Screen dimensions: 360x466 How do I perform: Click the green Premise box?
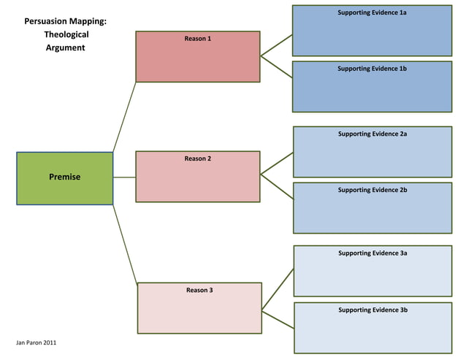click(64, 177)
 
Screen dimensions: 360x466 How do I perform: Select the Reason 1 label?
click(198, 38)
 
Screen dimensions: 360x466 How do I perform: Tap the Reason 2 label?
click(198, 158)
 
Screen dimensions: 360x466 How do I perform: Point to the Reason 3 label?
click(199, 290)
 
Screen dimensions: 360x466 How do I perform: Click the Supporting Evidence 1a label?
click(372, 13)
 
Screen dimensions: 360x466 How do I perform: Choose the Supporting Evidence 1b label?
click(372, 69)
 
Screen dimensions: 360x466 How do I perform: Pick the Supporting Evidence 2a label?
click(373, 134)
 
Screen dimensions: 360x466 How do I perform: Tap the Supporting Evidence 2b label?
click(373, 190)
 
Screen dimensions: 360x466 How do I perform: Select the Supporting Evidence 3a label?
click(373, 253)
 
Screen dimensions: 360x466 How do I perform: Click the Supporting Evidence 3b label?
click(373, 310)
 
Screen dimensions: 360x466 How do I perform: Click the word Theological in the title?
click(66, 34)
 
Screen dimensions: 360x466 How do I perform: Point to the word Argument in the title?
click(66, 47)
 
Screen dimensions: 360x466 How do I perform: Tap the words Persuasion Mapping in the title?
click(66, 21)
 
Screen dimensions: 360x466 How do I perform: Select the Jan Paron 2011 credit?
click(37, 342)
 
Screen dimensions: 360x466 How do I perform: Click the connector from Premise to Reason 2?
click(124, 177)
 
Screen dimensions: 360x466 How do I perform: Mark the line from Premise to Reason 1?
click(124, 117)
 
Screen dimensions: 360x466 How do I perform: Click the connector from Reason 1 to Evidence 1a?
click(277, 44)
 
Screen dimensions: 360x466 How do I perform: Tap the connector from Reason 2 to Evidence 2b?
click(277, 185)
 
